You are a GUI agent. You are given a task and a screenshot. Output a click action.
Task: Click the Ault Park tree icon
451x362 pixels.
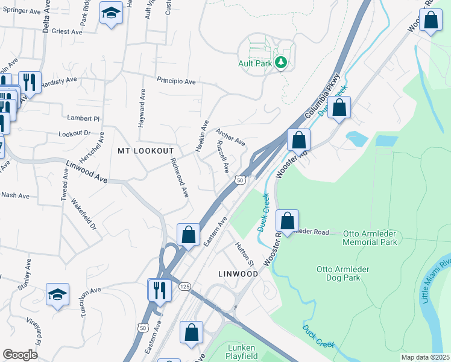tap(280, 62)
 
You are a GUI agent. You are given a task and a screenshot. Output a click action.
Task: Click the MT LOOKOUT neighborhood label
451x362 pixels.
tap(146, 151)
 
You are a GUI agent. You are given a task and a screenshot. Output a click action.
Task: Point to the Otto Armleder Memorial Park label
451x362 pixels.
tap(370, 237)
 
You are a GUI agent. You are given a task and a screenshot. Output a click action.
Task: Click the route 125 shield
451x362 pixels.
tap(184, 286)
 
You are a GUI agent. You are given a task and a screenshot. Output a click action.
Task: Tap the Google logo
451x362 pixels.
tap(20, 355)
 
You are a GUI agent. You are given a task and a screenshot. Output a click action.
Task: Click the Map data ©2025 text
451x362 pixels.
tap(425, 357)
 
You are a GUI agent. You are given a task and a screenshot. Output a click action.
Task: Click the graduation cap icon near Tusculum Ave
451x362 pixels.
tap(57, 295)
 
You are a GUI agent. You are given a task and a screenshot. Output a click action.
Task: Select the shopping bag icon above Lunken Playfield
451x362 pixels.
tap(191, 332)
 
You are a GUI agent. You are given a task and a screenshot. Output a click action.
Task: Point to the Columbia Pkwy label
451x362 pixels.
tap(323, 96)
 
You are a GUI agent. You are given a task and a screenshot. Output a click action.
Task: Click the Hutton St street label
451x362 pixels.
tap(245, 255)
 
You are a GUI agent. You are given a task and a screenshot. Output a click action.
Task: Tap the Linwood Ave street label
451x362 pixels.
tap(87, 172)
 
